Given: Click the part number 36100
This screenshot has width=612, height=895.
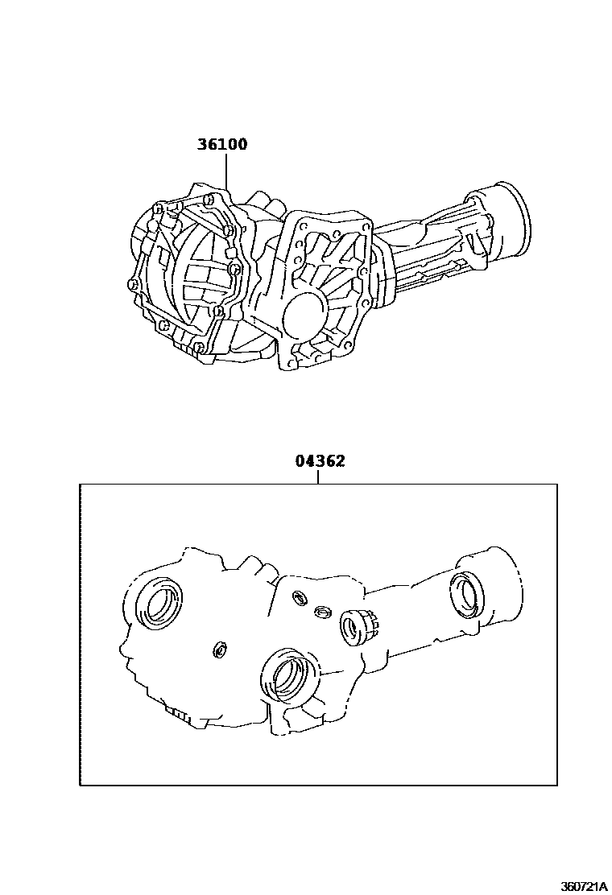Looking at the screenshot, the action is pyautogui.click(x=222, y=145).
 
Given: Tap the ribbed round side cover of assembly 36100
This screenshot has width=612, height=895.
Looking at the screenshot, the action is pyautogui.click(x=193, y=274).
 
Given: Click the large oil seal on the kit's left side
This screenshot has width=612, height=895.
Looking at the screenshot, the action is pyautogui.click(x=159, y=602).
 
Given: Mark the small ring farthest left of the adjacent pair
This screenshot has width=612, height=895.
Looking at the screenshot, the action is pyautogui.click(x=299, y=596).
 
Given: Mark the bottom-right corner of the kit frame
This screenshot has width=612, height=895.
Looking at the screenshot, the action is pyautogui.click(x=557, y=785).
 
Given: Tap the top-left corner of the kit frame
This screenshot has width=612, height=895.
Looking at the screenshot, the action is pyautogui.click(x=80, y=485).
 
